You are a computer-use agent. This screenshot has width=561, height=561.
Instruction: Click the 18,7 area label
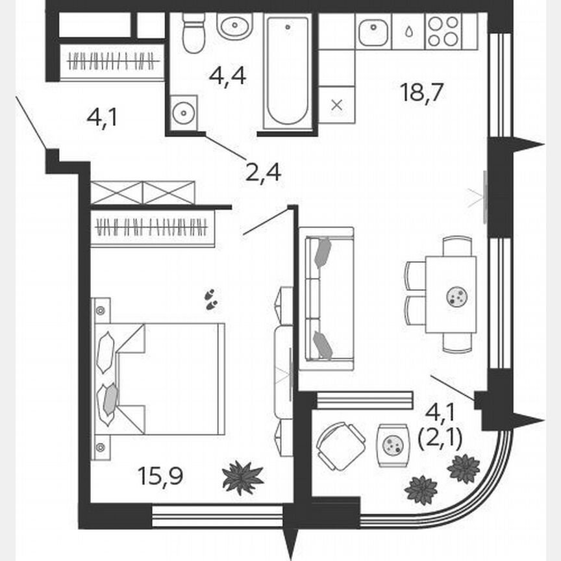(x=421, y=93)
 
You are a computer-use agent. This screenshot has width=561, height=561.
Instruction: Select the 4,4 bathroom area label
(x=227, y=76)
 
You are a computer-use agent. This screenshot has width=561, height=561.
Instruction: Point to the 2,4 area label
(x=263, y=172)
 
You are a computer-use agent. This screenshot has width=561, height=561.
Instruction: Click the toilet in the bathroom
(x=193, y=34)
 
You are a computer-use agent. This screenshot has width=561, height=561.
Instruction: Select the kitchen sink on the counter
(x=373, y=32)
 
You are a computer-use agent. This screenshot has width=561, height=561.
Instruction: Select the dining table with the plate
(x=451, y=295)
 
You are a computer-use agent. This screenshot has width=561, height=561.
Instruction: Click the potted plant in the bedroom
(x=243, y=479)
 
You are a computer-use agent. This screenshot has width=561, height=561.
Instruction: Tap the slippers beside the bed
(x=211, y=299)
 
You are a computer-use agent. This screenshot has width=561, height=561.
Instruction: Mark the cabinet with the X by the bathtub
(x=337, y=105)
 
